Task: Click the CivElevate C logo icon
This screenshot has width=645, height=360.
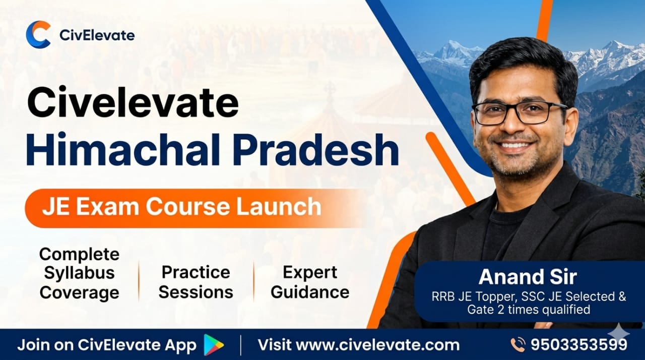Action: (37, 34)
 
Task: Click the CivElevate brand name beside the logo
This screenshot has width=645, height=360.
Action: (97, 35)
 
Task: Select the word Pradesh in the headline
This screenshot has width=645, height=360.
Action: (316, 150)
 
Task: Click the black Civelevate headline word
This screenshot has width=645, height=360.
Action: (133, 102)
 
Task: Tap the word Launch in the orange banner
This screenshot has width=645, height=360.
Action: (279, 207)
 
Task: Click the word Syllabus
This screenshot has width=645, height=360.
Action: (79, 273)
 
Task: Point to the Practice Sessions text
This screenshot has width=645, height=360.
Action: (196, 282)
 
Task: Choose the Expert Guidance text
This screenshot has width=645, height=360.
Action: (310, 282)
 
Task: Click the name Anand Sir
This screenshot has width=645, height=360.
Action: (528, 276)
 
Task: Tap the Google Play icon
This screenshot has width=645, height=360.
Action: (213, 345)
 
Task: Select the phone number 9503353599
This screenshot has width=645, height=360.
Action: (579, 345)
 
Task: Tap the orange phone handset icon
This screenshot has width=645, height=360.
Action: (518, 345)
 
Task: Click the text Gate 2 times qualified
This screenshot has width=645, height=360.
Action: (529, 310)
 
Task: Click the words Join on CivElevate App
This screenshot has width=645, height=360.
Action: (107, 345)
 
